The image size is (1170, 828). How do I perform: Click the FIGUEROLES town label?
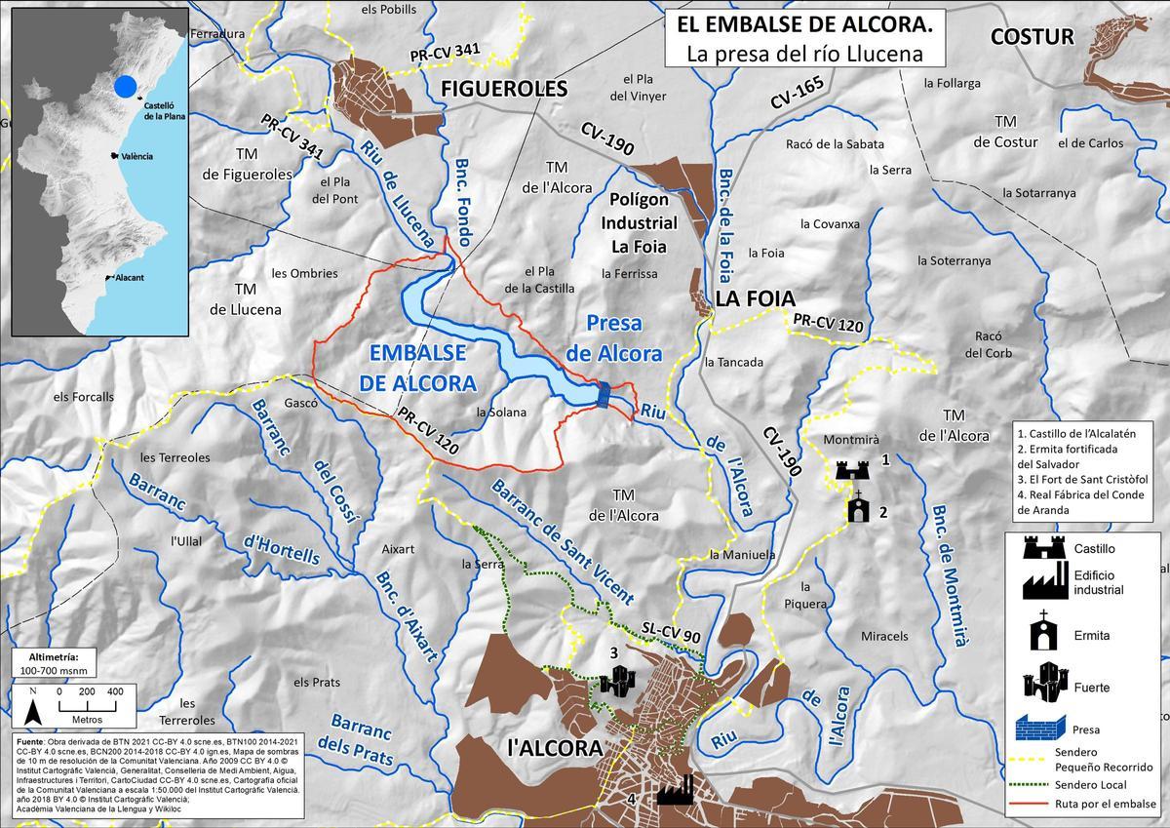504,89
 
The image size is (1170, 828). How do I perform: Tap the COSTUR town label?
1031,37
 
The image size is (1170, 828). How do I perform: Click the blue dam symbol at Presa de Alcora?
604,395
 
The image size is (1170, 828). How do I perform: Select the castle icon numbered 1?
851,470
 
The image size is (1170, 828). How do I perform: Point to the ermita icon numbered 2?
858,508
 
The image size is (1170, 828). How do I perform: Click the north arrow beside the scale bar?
32,704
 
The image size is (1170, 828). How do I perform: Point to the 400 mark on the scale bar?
115,690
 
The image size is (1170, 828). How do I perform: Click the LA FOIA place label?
756,298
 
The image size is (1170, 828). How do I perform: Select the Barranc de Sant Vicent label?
563,542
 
